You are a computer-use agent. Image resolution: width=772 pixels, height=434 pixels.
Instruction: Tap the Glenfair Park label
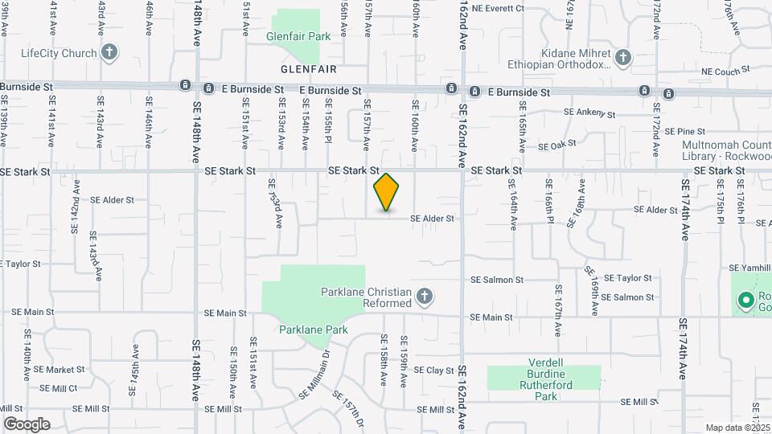pos(299,37)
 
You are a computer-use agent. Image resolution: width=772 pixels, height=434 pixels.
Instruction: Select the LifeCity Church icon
pos(110,53)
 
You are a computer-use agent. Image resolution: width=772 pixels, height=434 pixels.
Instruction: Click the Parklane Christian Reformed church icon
pos(425,298)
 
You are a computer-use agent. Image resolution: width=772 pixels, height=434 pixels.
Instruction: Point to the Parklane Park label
pos(313,330)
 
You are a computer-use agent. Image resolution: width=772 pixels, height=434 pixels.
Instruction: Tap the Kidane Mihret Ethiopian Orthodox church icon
pos(623,57)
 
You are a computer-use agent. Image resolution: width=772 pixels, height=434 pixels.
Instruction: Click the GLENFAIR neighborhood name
pos(309,70)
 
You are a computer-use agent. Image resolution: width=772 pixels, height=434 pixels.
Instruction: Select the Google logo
pos(27,424)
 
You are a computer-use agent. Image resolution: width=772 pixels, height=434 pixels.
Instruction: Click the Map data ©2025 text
pos(736,428)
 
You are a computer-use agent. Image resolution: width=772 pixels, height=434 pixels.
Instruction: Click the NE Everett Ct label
pos(498,8)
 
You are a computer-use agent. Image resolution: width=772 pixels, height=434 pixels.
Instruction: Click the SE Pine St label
pos(684,131)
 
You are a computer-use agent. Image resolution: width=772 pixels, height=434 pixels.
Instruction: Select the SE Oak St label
pos(557,145)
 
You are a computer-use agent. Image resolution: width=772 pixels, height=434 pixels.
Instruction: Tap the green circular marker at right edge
pos(745,301)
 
